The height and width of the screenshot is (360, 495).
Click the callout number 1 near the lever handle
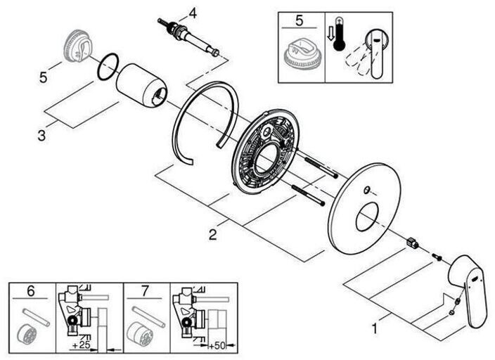(x=378, y=328)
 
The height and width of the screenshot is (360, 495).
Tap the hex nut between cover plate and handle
(x=413, y=243)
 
